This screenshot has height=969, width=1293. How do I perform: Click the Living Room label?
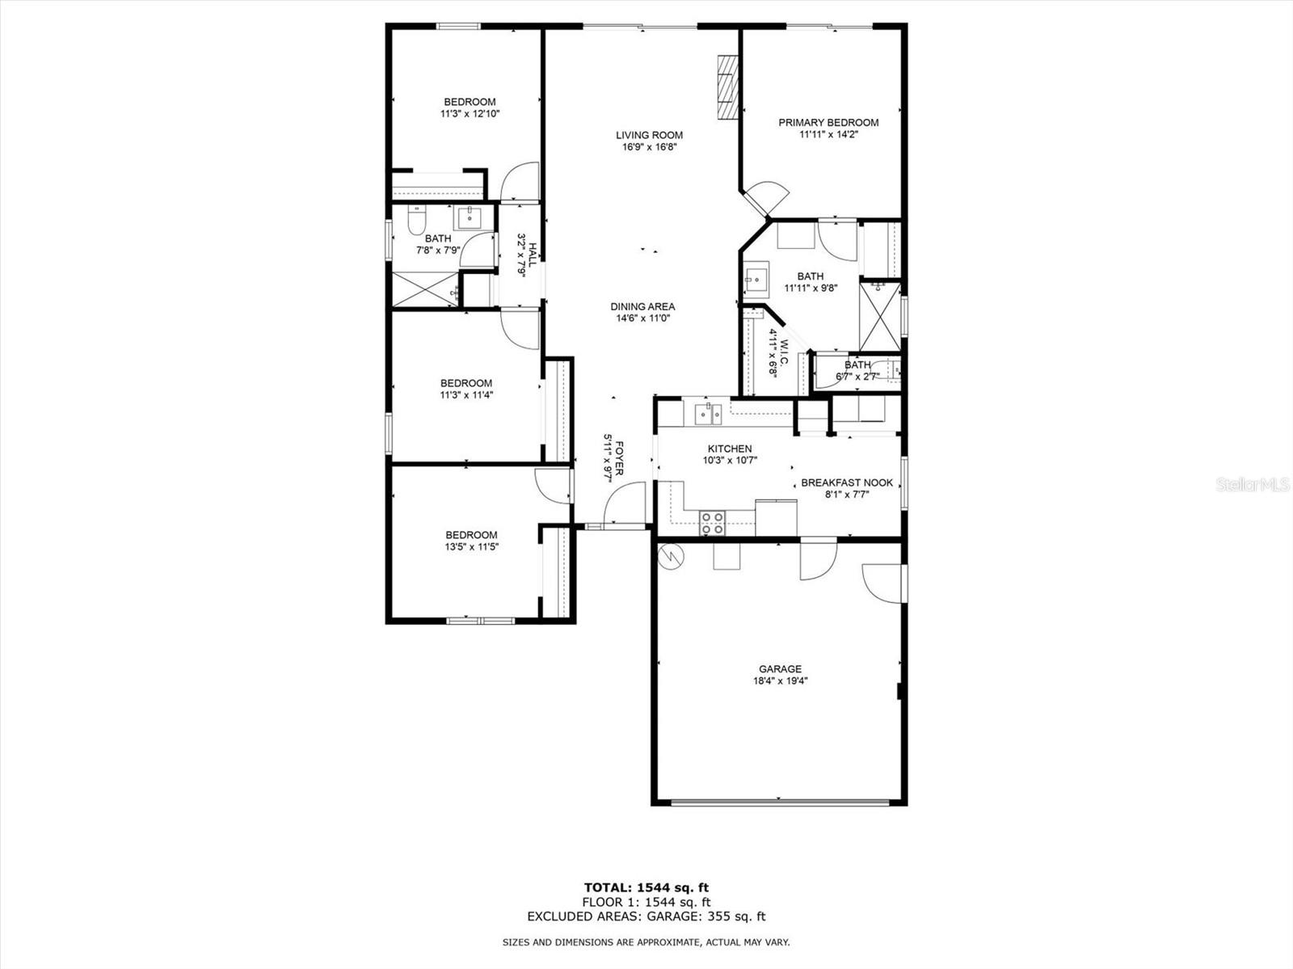(649, 135)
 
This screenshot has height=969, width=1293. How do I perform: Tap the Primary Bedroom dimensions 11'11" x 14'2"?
(828, 135)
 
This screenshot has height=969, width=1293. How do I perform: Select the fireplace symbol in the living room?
(729, 87)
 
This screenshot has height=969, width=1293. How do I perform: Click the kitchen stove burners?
(712, 523)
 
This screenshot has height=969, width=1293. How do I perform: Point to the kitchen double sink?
(709, 414)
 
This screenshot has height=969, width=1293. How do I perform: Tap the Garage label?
(780, 668)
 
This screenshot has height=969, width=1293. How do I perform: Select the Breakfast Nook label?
(847, 482)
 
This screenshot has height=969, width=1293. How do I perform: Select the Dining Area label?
(642, 306)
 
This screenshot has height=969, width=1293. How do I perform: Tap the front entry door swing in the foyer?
(624, 503)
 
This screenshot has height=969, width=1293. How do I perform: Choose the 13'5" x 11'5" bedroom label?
(471, 541)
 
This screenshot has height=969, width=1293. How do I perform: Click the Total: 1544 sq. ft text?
(646, 887)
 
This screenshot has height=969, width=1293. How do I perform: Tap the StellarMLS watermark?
(1252, 484)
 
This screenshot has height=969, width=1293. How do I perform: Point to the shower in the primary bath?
(879, 316)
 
